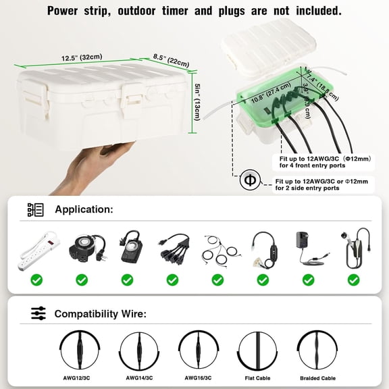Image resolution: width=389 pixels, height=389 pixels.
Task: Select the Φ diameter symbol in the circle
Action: click(x=250, y=181)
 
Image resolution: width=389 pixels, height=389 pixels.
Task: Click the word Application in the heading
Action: click(x=84, y=209)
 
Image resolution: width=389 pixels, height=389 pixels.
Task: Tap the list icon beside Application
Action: click(x=36, y=209)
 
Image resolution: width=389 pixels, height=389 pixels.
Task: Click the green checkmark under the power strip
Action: click(x=36, y=279)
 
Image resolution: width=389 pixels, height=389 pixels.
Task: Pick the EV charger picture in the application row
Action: click(x=354, y=249)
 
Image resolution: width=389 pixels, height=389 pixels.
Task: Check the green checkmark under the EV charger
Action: click(x=353, y=279)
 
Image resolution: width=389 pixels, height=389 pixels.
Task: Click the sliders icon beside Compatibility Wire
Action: click(x=38, y=313)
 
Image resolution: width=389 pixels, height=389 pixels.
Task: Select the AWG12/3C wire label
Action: click(x=81, y=378)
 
